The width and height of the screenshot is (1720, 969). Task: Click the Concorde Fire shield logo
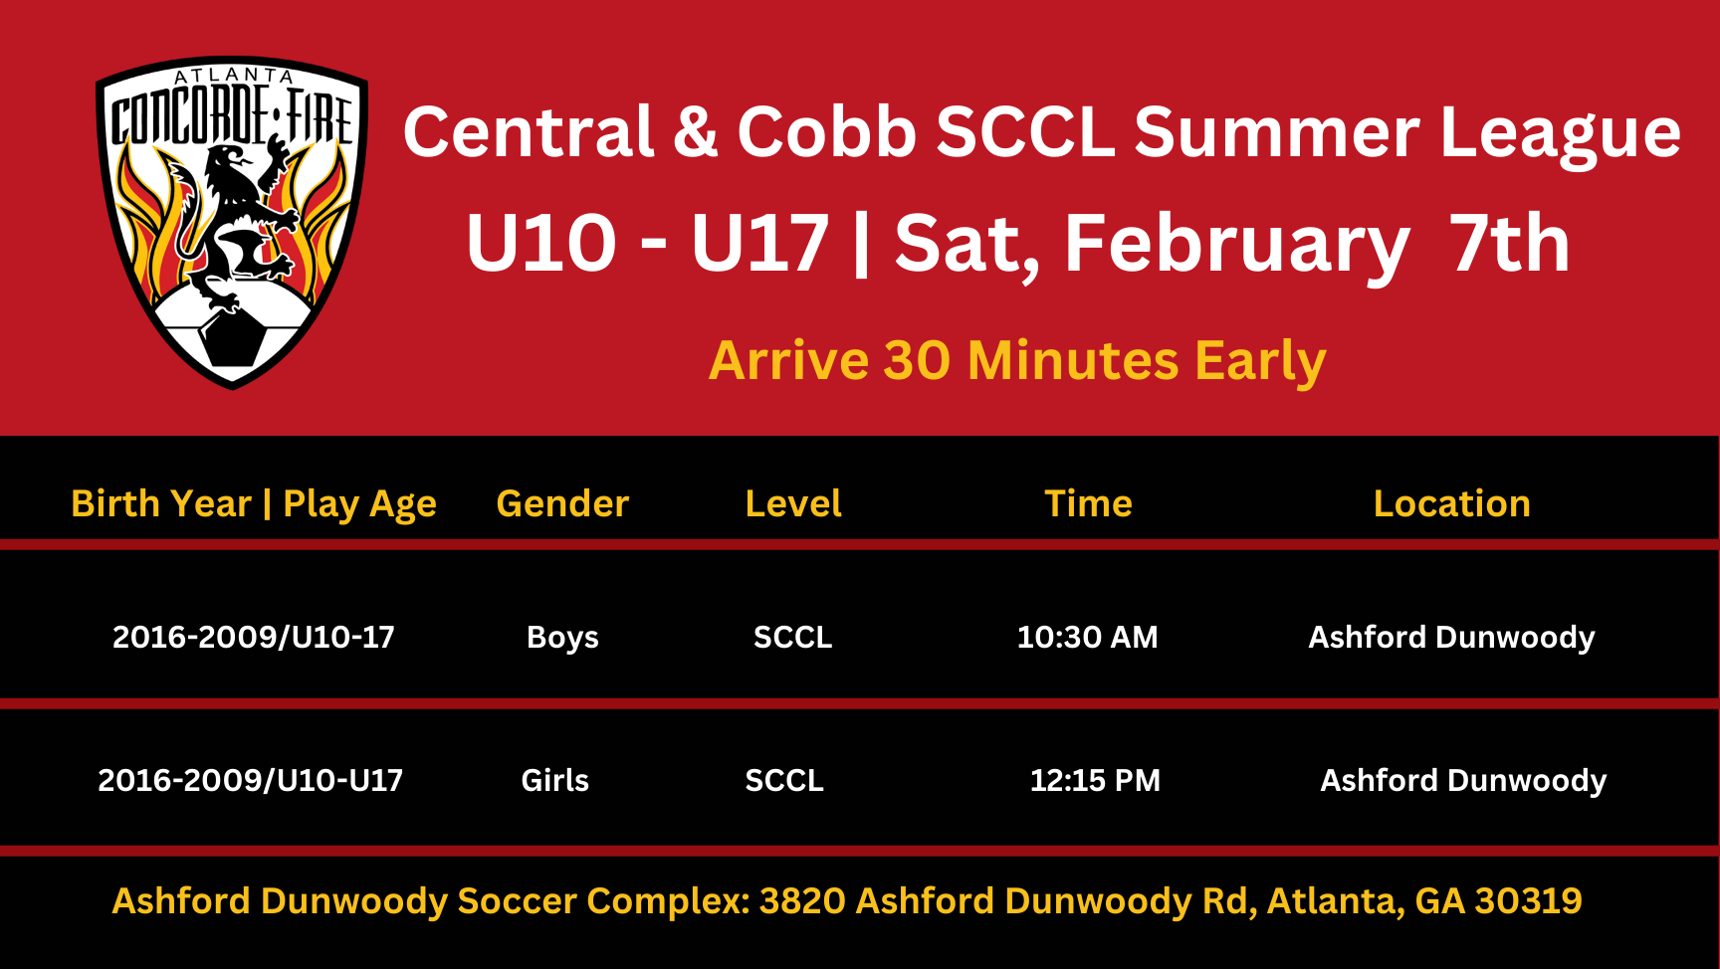(x=232, y=222)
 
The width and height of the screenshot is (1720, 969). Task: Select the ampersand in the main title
(x=695, y=132)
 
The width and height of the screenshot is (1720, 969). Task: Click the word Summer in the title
(x=1278, y=132)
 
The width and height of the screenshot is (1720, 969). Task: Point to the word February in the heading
(x=1237, y=245)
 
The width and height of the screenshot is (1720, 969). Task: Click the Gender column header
(x=562, y=503)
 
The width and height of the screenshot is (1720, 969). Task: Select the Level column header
(x=793, y=503)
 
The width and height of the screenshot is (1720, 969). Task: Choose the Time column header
(x=1088, y=503)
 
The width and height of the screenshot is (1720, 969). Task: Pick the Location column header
(x=1451, y=503)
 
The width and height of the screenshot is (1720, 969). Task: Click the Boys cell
(x=562, y=638)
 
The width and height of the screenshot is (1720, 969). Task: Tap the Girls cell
(x=554, y=780)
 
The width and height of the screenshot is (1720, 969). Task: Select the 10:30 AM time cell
(x=1087, y=637)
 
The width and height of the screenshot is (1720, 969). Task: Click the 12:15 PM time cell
(x=1095, y=780)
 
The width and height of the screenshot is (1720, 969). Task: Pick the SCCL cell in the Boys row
(x=792, y=637)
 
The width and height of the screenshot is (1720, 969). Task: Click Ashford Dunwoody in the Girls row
(x=1463, y=781)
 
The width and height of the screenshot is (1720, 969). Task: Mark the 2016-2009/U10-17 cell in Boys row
(x=253, y=637)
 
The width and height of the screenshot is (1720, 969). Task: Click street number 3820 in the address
(x=801, y=900)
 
